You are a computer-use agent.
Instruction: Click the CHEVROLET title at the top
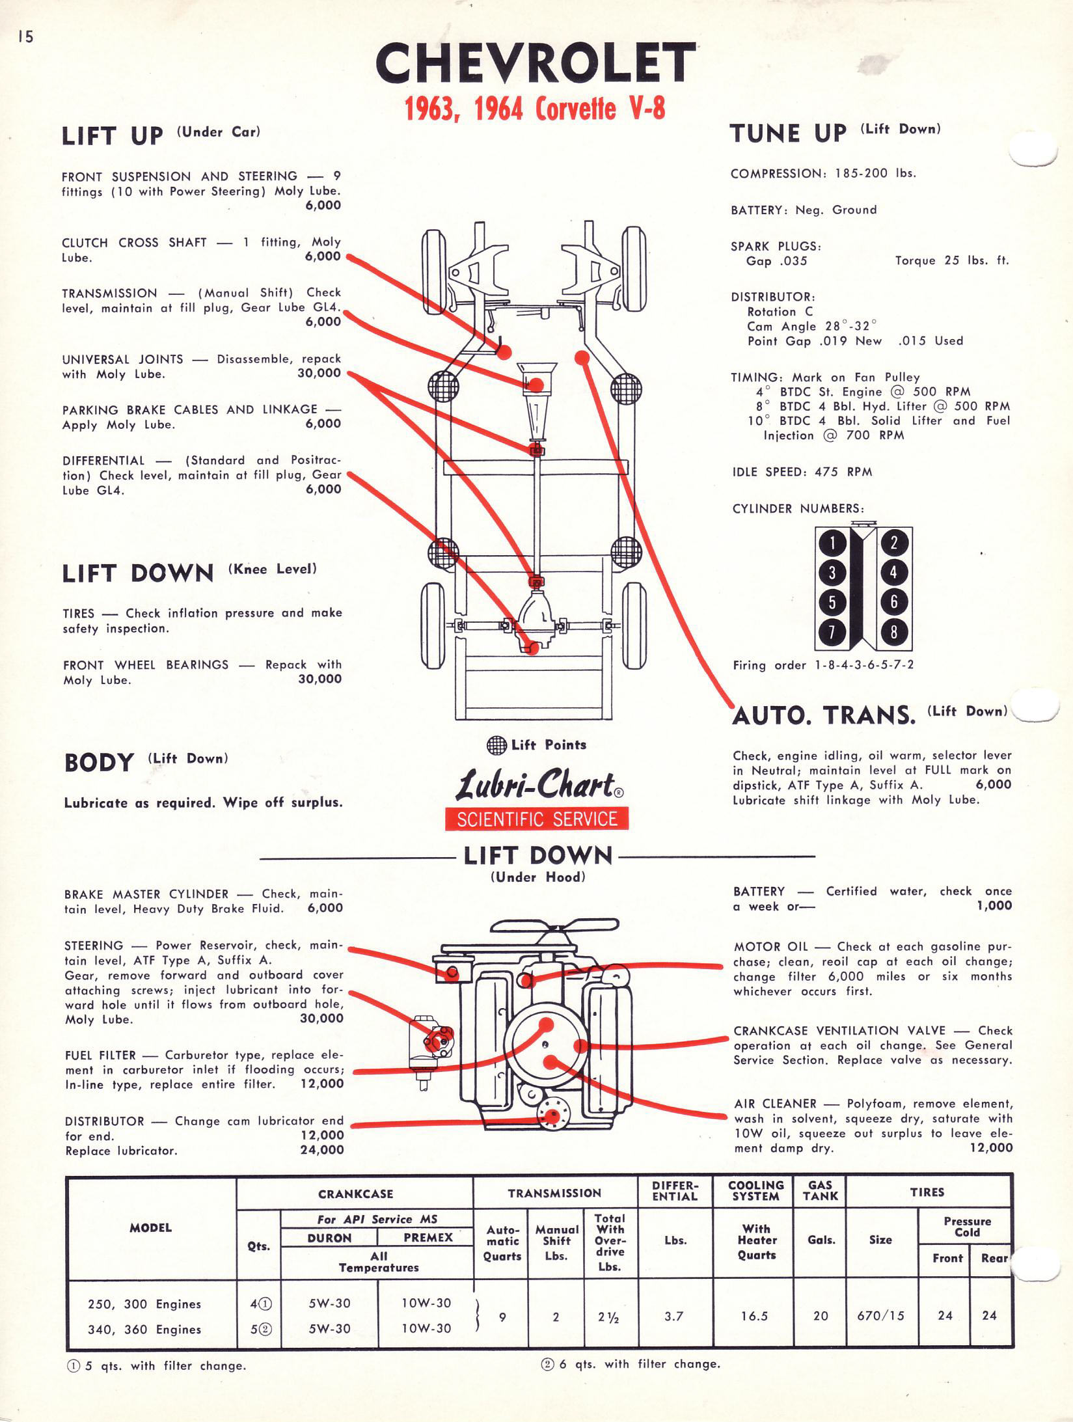(535, 64)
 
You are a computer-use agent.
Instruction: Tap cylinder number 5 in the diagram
(832, 602)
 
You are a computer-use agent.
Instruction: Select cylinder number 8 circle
(893, 632)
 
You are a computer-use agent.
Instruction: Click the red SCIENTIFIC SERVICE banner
(537, 819)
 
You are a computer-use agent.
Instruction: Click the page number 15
(25, 37)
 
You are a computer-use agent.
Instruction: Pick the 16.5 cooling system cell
(754, 1316)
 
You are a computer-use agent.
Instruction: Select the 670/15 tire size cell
(880, 1316)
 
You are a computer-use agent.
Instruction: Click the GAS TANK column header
(820, 1190)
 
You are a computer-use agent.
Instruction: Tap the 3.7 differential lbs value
(674, 1316)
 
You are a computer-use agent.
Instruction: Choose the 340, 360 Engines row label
(144, 1330)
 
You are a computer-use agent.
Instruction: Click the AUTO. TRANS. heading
(824, 715)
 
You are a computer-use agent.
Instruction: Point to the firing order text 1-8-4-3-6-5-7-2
(864, 665)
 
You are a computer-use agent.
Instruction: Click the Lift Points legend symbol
(496, 745)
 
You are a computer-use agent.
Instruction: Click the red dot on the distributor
(553, 1117)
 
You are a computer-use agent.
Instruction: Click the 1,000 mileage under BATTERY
(994, 906)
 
